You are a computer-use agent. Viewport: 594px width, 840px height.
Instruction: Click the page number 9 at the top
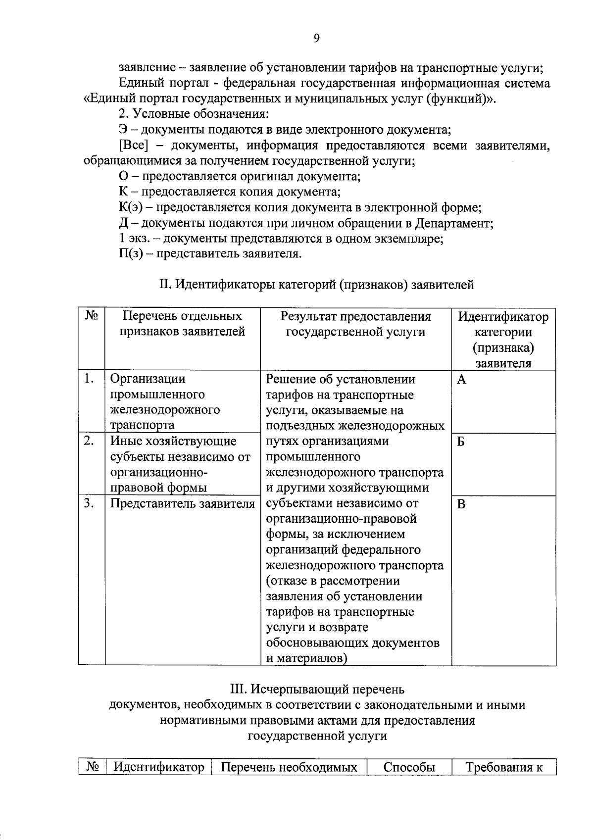[x=317, y=39]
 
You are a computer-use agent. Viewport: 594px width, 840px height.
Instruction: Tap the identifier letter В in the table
[x=461, y=504]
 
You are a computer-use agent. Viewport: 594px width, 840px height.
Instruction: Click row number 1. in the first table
[x=89, y=379]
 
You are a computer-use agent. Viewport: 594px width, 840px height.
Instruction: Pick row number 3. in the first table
[x=89, y=504]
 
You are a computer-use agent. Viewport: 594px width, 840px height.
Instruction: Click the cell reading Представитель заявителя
[x=182, y=504]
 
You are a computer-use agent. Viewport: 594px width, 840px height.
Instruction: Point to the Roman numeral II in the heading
[x=164, y=285]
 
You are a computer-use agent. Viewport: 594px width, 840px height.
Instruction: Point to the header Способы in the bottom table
[x=409, y=768]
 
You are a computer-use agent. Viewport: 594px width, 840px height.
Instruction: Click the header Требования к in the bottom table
[x=504, y=768]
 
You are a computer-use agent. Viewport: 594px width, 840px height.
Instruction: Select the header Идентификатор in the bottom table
[x=159, y=768]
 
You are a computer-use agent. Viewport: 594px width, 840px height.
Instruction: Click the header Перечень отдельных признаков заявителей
[x=182, y=324]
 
